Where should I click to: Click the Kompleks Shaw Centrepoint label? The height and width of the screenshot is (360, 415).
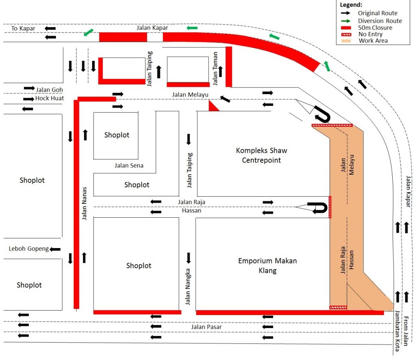(261, 155)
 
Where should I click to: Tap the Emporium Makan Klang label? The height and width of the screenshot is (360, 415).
(267, 266)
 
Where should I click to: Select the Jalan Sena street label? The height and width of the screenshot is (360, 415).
(129, 165)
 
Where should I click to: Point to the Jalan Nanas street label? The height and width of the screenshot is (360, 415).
(84, 204)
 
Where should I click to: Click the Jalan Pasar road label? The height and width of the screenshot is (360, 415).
(206, 327)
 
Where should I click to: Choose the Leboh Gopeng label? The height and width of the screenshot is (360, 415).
(29, 249)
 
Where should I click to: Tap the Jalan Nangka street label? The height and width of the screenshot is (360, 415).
(188, 287)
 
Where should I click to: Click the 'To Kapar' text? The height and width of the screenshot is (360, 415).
(23, 28)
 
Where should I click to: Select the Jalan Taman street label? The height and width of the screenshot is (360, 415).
(215, 69)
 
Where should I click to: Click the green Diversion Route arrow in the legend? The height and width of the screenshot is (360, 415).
(346, 21)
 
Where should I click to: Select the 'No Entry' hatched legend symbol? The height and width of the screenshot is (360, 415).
(346, 34)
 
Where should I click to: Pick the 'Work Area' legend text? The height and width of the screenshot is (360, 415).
(373, 41)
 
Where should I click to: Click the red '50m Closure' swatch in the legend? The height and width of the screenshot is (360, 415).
(346, 28)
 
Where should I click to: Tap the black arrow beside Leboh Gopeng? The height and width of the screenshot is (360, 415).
(55, 249)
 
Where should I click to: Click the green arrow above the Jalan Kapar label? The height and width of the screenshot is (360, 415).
(192, 28)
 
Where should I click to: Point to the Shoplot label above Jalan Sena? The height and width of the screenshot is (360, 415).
(117, 135)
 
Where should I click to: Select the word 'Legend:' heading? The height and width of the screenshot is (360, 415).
(351, 5)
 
